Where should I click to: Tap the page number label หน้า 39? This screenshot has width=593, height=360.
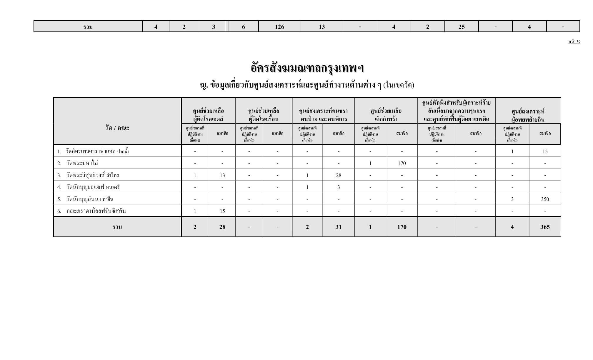pyautogui.click(x=574, y=42)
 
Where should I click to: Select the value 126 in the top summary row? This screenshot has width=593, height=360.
pyautogui.click(x=279, y=27)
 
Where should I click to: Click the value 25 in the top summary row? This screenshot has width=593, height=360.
pyautogui.click(x=461, y=27)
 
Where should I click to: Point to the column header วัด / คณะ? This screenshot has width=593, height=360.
pyautogui.click(x=117, y=128)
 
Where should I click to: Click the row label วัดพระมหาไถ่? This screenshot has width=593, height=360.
pyautogui.click(x=82, y=163)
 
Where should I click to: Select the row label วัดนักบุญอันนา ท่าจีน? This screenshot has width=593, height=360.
pyautogui.click(x=90, y=199)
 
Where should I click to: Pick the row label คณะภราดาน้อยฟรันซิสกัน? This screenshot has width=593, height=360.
pyautogui.click(x=96, y=211)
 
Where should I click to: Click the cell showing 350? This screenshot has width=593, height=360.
pyautogui.click(x=545, y=199)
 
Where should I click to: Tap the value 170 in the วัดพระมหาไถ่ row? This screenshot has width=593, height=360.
pyautogui.click(x=402, y=163)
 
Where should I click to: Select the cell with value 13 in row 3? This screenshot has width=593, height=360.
pyautogui.click(x=222, y=175)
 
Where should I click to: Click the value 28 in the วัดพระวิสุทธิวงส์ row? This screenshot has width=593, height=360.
pyautogui.click(x=338, y=175)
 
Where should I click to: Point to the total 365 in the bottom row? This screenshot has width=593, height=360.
pyautogui.click(x=545, y=227)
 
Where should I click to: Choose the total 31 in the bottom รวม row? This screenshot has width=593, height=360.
pyautogui.click(x=338, y=227)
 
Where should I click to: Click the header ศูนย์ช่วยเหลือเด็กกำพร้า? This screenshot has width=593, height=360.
pyautogui.click(x=386, y=115)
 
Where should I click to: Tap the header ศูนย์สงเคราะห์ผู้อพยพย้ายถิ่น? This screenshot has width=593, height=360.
pyautogui.click(x=528, y=115)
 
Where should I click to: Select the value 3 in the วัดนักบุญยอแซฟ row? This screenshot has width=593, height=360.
pyautogui.click(x=338, y=187)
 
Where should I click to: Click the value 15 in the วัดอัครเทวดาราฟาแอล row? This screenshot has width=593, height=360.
pyautogui.click(x=545, y=151)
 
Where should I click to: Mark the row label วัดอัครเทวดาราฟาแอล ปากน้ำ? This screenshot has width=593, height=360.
pyautogui.click(x=97, y=151)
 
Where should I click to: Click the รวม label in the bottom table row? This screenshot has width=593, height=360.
pyautogui.click(x=117, y=227)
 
